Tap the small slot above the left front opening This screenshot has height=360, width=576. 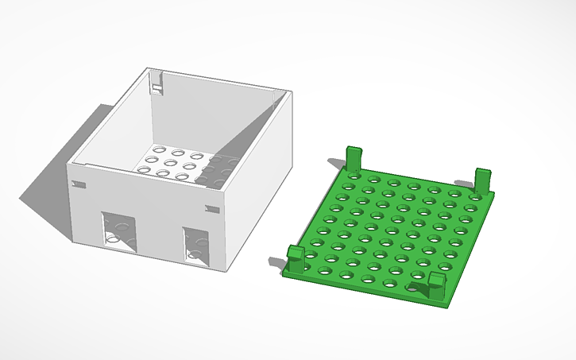(78, 184)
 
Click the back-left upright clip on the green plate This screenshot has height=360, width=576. (353, 159)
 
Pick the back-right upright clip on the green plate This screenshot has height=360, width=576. (482, 179)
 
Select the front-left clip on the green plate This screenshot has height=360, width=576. (296, 259)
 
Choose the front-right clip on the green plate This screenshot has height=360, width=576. (435, 284)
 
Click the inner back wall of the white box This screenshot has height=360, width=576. (215, 119)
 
